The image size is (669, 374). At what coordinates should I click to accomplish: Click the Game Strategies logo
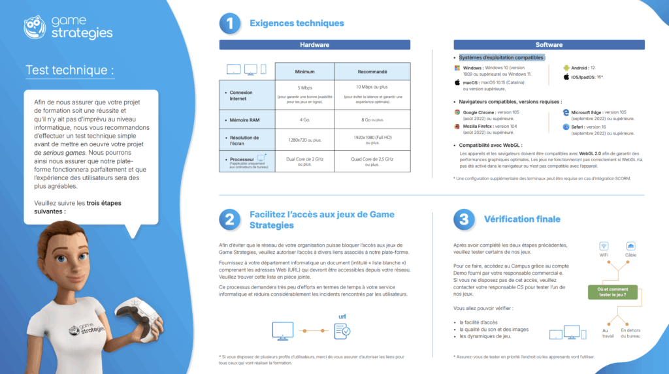(68, 27)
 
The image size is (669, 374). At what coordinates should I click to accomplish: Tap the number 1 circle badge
(229, 23)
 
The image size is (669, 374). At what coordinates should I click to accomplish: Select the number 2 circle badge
(229, 220)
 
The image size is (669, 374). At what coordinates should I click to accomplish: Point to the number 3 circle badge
(463, 219)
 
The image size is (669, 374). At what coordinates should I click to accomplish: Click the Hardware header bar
(314, 45)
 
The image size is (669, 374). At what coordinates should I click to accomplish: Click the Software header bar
(549, 45)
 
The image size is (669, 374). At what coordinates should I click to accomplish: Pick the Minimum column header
(304, 72)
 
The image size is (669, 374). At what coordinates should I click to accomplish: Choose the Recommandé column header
(372, 72)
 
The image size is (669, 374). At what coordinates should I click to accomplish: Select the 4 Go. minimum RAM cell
(304, 119)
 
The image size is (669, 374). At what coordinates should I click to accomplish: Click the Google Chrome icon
(457, 112)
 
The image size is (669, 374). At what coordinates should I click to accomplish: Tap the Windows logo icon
(457, 68)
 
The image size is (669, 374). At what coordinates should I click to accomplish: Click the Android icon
(566, 67)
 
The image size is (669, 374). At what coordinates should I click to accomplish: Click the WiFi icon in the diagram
(604, 246)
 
